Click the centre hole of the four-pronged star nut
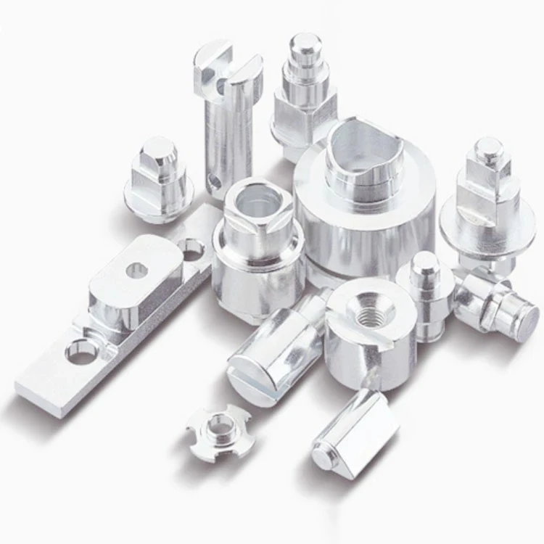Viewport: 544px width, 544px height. (x=217, y=429)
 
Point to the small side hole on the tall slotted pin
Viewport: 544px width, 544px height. (x=214, y=178)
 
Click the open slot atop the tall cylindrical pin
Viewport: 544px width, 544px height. (x=227, y=69)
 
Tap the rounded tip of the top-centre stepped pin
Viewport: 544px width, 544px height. (x=305, y=41)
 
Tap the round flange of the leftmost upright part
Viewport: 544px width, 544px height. (x=158, y=203)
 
